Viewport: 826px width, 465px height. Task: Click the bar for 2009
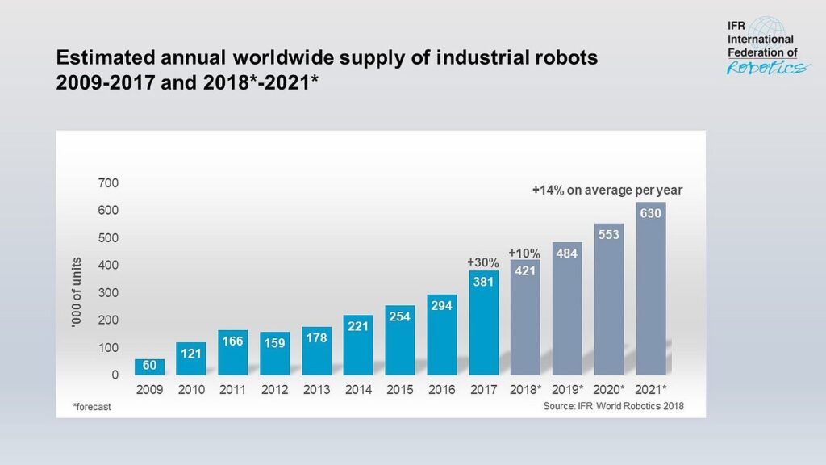point(149,367)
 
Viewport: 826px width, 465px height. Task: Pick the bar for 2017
point(483,323)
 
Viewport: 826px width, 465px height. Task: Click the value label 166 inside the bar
point(233,341)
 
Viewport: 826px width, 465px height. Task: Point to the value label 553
point(609,233)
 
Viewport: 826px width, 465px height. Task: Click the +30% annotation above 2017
point(483,262)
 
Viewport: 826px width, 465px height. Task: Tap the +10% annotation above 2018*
point(524,253)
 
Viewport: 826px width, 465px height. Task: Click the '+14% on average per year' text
point(607,191)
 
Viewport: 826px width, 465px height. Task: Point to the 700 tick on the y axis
point(108,183)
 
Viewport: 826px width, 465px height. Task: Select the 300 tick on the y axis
point(108,292)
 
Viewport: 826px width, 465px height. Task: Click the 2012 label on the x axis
point(275,390)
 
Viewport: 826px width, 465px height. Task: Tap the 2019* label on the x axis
point(569,390)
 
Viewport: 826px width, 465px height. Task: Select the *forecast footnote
point(90,407)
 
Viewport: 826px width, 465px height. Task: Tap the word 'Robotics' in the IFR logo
point(767,68)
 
